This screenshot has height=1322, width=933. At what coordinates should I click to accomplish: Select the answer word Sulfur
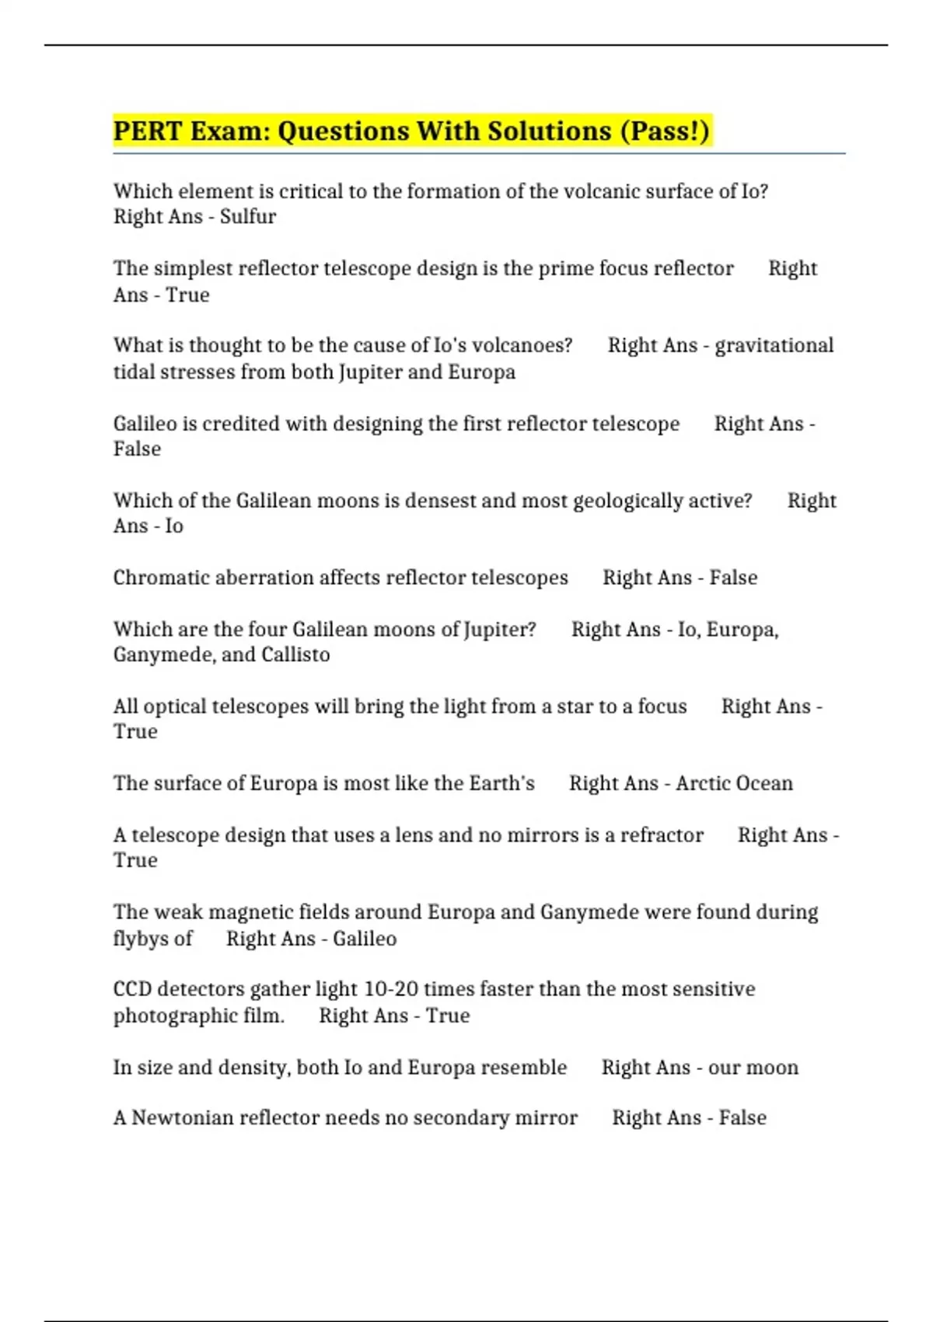pyautogui.click(x=248, y=216)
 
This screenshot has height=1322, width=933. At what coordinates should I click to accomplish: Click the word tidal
pyautogui.click(x=132, y=372)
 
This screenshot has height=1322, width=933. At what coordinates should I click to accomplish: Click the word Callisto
pyautogui.click(x=295, y=655)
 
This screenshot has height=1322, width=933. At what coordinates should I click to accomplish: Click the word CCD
pyautogui.click(x=131, y=989)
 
